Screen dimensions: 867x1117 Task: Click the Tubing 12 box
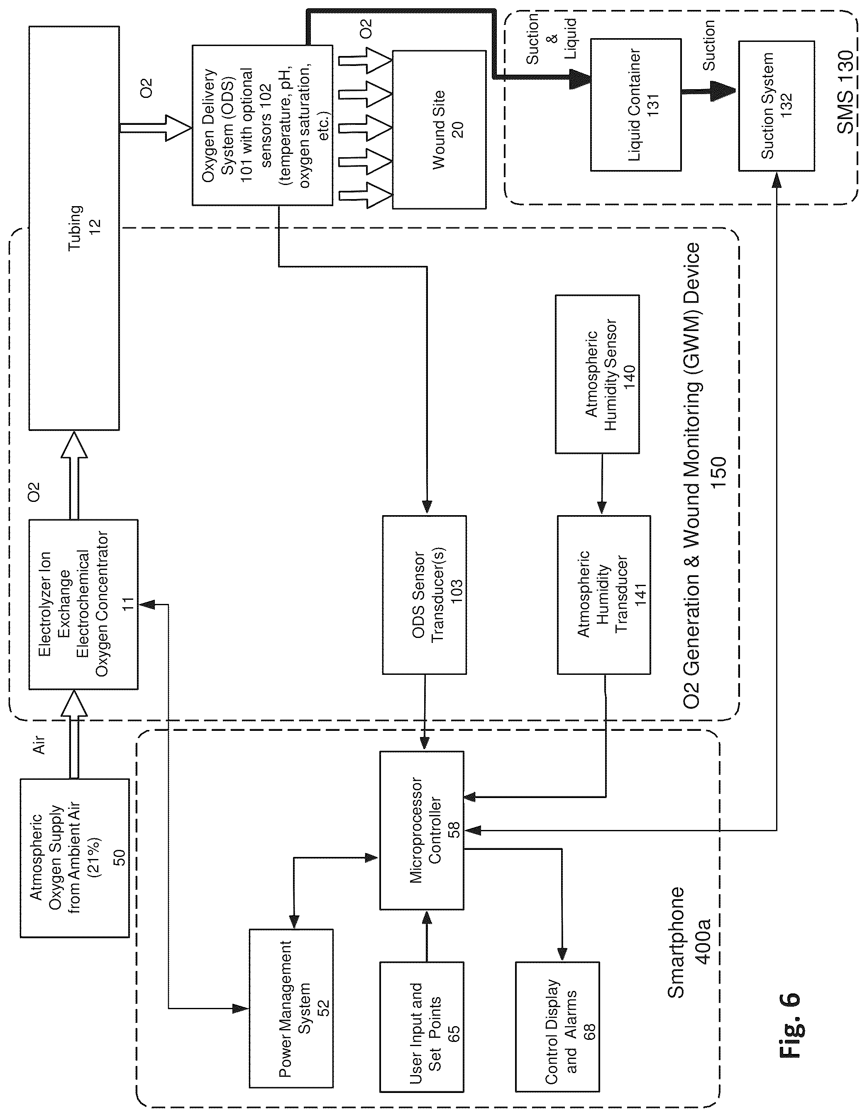point(74,228)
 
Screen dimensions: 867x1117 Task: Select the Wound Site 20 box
point(439,129)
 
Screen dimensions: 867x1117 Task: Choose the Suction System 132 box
point(776,106)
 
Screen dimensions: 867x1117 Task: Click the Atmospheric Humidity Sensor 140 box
point(597,374)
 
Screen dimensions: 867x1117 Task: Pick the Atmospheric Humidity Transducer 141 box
point(604,594)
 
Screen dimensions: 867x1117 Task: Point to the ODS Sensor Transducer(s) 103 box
point(424,594)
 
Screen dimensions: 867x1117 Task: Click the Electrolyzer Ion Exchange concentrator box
point(83,604)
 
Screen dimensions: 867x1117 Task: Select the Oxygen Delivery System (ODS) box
point(262,125)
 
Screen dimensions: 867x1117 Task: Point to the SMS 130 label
point(845,92)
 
